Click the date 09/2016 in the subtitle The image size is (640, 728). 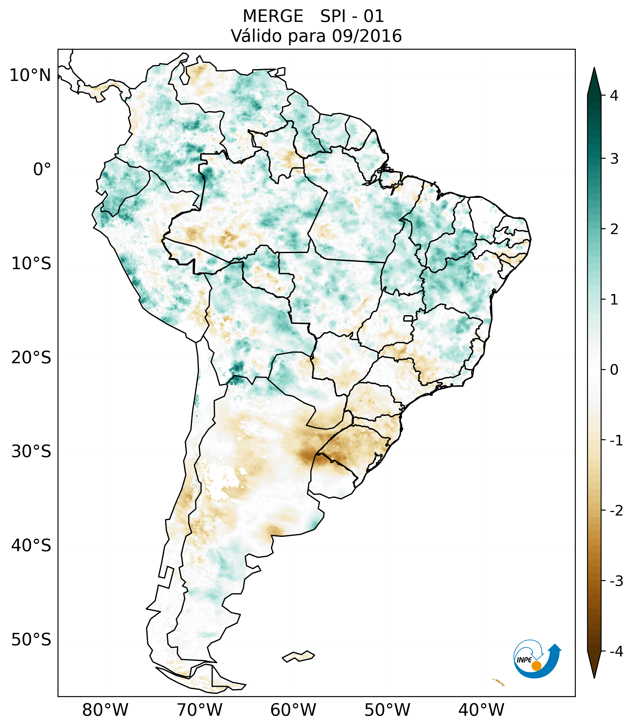pos(367,36)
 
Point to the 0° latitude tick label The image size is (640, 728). pos(42,170)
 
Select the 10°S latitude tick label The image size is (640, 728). pos(31,264)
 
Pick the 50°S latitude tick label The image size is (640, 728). pos(31,640)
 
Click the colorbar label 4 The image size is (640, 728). pos(614,96)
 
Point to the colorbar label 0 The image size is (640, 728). pos(614,370)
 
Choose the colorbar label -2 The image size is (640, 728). pos(616,511)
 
